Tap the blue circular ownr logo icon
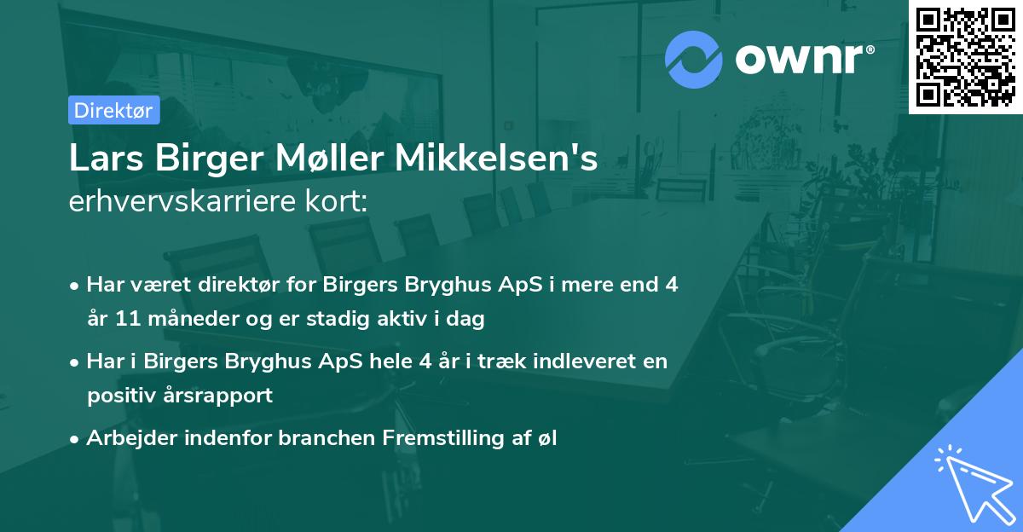[x=694, y=59]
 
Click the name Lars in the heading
[x=102, y=159]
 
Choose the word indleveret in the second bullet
[x=584, y=361]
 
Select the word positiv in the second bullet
[x=118, y=396]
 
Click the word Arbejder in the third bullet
[x=125, y=438]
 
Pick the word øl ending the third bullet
[x=546, y=438]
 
